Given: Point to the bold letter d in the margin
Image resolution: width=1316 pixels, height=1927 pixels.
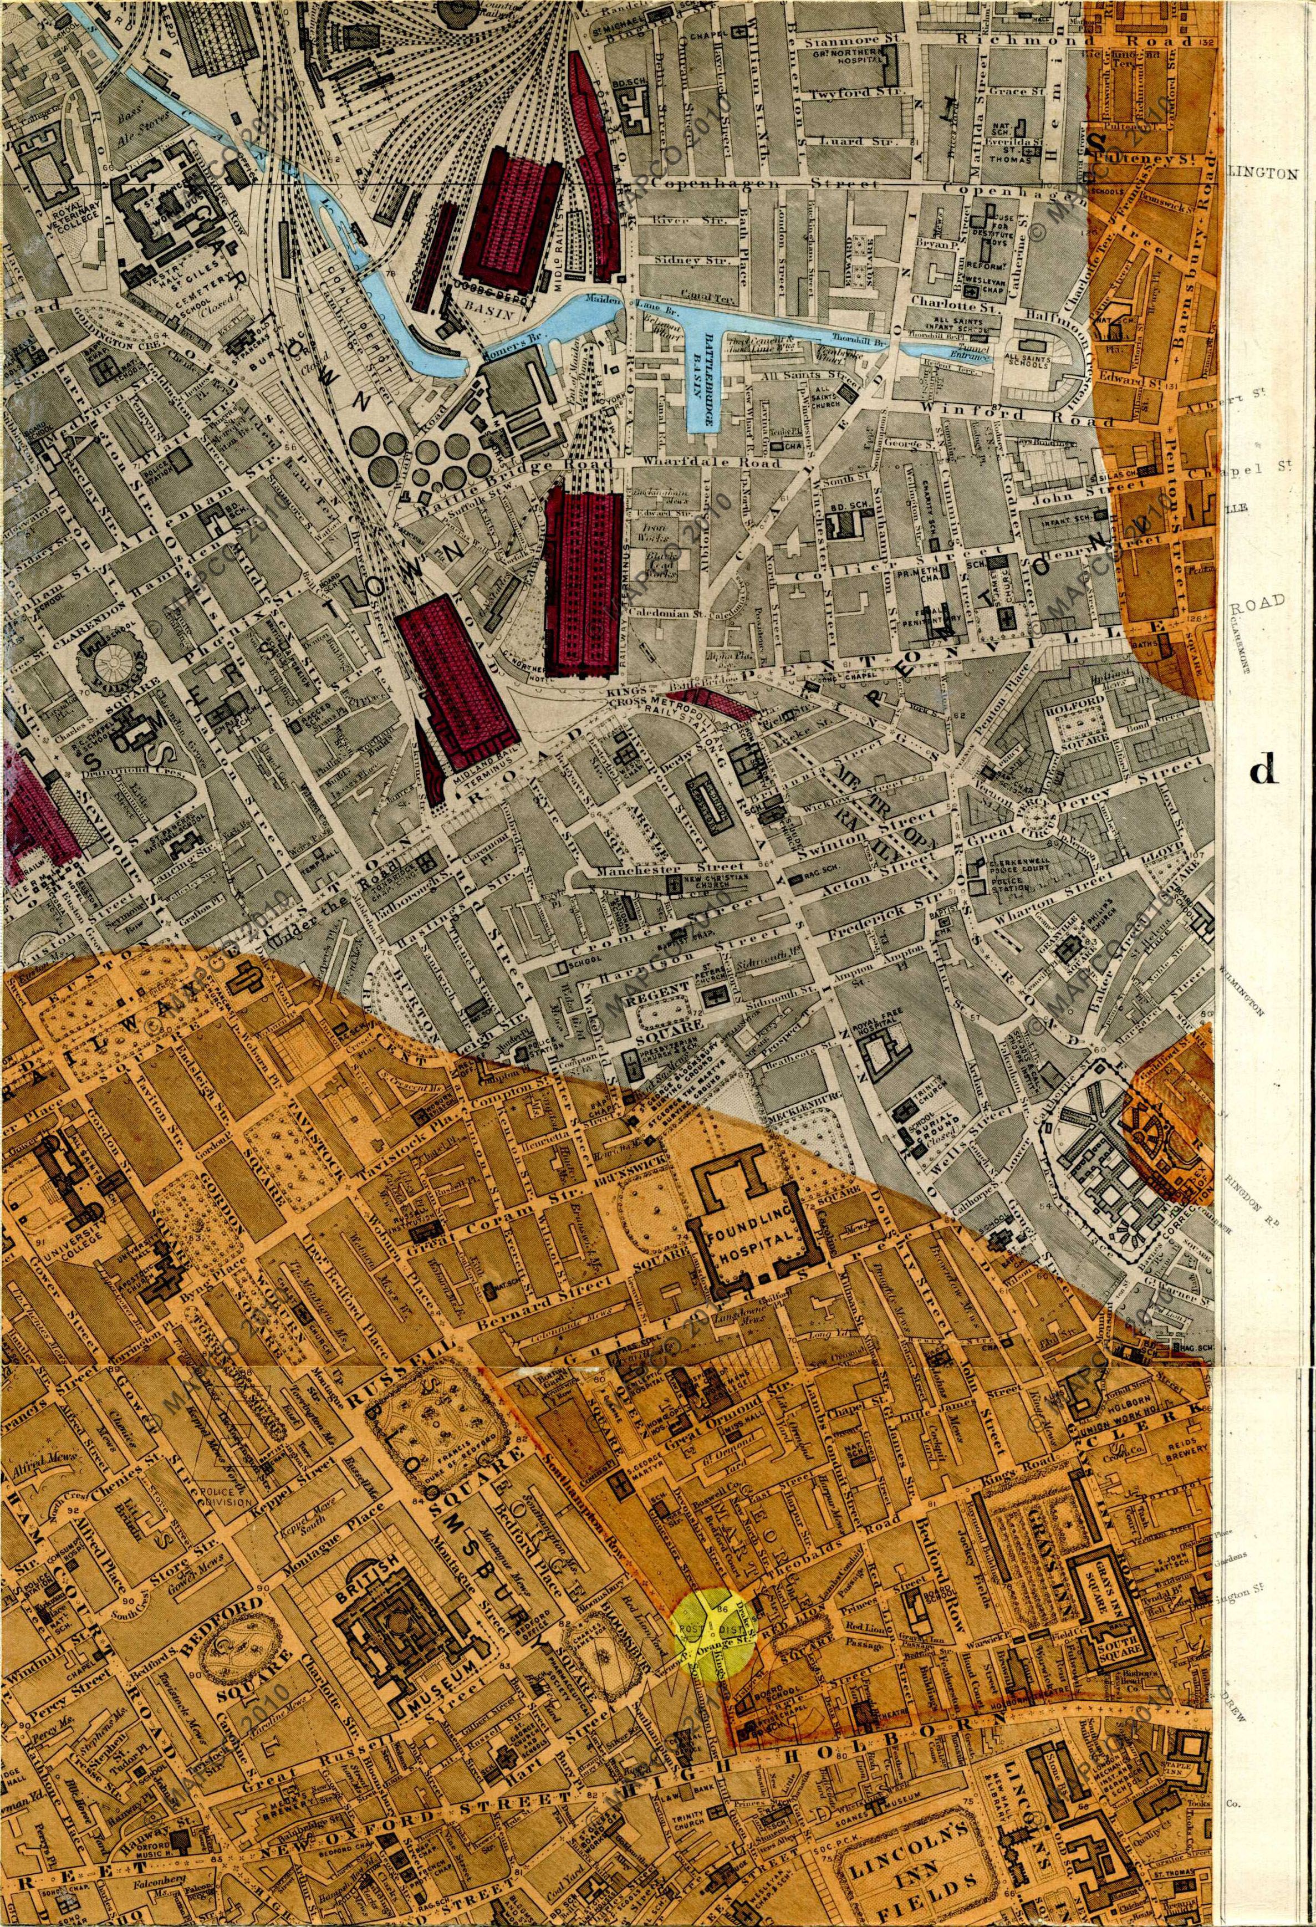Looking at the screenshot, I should point(1262,771).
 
